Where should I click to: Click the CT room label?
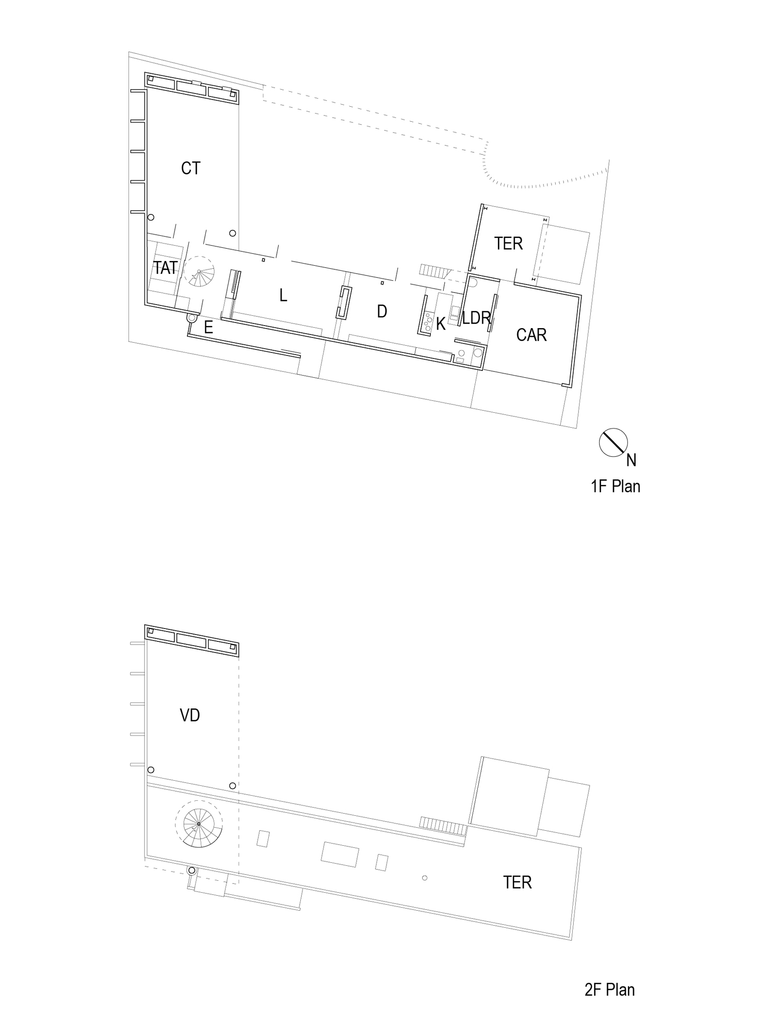tap(190, 168)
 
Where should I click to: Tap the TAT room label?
tap(166, 268)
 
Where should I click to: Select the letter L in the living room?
tap(283, 295)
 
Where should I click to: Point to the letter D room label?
tap(382, 311)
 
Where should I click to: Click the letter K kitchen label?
tap(441, 324)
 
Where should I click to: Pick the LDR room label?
tap(476, 318)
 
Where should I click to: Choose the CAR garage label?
tap(531, 335)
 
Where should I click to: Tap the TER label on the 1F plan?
tap(508, 244)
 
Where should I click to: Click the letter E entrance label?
tap(208, 327)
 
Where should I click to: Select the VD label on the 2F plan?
tap(190, 715)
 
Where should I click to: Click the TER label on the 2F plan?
tap(517, 882)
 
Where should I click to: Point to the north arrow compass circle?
tap(613, 442)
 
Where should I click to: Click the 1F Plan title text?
tap(615, 486)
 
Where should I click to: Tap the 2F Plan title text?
tap(609, 990)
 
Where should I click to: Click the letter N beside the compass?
tap(631, 460)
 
